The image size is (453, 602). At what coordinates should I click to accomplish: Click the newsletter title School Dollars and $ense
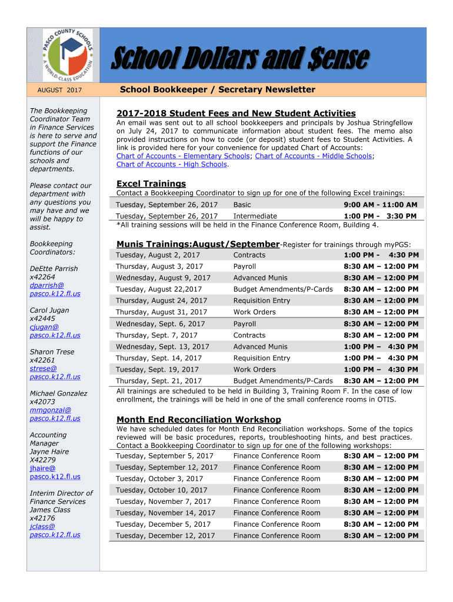click(241, 59)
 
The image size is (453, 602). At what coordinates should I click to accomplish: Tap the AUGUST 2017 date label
click(59, 90)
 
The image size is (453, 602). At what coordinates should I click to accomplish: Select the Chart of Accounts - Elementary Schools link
click(183, 156)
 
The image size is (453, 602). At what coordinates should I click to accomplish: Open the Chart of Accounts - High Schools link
click(171, 165)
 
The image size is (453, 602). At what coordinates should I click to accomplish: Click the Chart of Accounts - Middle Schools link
click(313, 156)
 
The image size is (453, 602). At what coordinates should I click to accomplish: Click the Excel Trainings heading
click(151, 183)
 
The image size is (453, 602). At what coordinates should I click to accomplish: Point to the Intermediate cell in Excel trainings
click(255, 216)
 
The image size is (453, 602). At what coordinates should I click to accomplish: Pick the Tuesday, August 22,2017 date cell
click(159, 289)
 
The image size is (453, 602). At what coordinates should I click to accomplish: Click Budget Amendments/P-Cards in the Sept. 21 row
click(283, 381)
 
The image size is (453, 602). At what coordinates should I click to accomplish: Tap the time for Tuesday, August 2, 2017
click(381, 255)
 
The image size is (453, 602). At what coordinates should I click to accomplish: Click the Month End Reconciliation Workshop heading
click(199, 419)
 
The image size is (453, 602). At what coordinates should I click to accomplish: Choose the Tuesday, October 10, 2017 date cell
click(161, 490)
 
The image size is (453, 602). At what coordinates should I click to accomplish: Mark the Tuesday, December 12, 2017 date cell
click(165, 536)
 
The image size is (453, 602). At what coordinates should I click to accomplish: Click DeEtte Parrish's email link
click(55, 289)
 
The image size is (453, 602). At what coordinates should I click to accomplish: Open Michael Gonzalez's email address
click(55, 414)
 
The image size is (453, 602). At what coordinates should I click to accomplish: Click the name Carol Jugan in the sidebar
click(49, 310)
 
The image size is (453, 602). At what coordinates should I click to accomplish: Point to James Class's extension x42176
click(42, 519)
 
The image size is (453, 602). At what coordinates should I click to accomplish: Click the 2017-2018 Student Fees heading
click(236, 113)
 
